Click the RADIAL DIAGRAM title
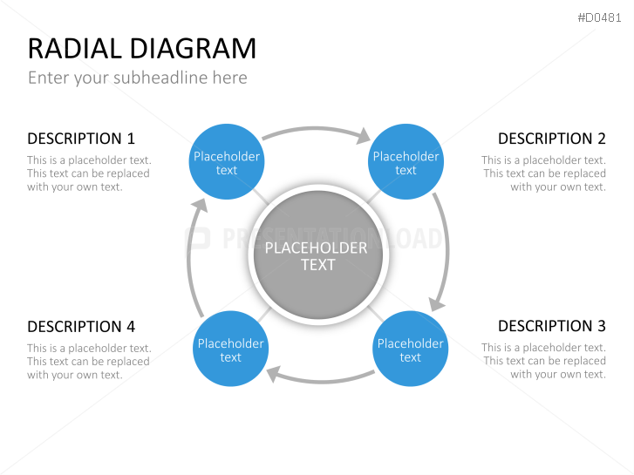coord(142,49)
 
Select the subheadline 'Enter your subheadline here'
coord(138,78)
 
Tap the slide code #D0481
coord(599,17)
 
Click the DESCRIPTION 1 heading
coord(81,139)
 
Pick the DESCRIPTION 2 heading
coord(552,139)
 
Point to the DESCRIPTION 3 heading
coord(552,326)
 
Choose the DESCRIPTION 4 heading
coord(81,326)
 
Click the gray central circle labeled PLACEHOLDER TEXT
coord(317,255)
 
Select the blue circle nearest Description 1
coord(227,162)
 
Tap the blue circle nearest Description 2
coord(406,162)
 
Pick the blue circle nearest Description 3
coord(410,349)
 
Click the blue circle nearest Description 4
coord(230,349)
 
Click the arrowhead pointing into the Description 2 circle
coord(364,136)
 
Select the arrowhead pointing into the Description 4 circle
coord(273,374)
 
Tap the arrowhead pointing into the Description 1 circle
coord(200,206)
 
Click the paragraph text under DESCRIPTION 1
coord(89,173)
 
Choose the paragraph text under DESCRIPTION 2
coord(544,173)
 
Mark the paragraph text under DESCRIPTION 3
coord(544,361)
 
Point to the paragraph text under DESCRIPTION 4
coord(89,362)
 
